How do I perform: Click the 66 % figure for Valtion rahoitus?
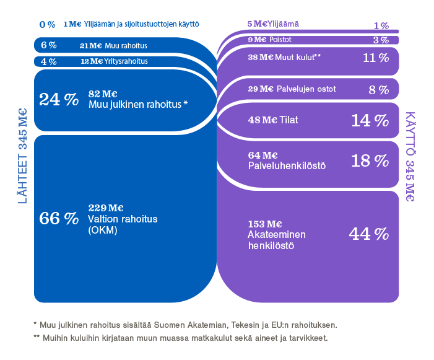pos(59,218)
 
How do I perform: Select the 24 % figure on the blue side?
pos(59,99)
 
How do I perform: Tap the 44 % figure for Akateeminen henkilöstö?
pos(368,234)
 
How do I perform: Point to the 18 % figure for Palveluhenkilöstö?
pos(370,161)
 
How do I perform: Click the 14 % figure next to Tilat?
pos(370,120)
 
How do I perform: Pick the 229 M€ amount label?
pos(106,208)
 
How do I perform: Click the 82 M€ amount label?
pos(103,94)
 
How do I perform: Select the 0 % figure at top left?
pos(47,24)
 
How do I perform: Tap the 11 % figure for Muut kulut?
pos(375,58)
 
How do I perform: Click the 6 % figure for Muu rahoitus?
pos(48,45)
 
